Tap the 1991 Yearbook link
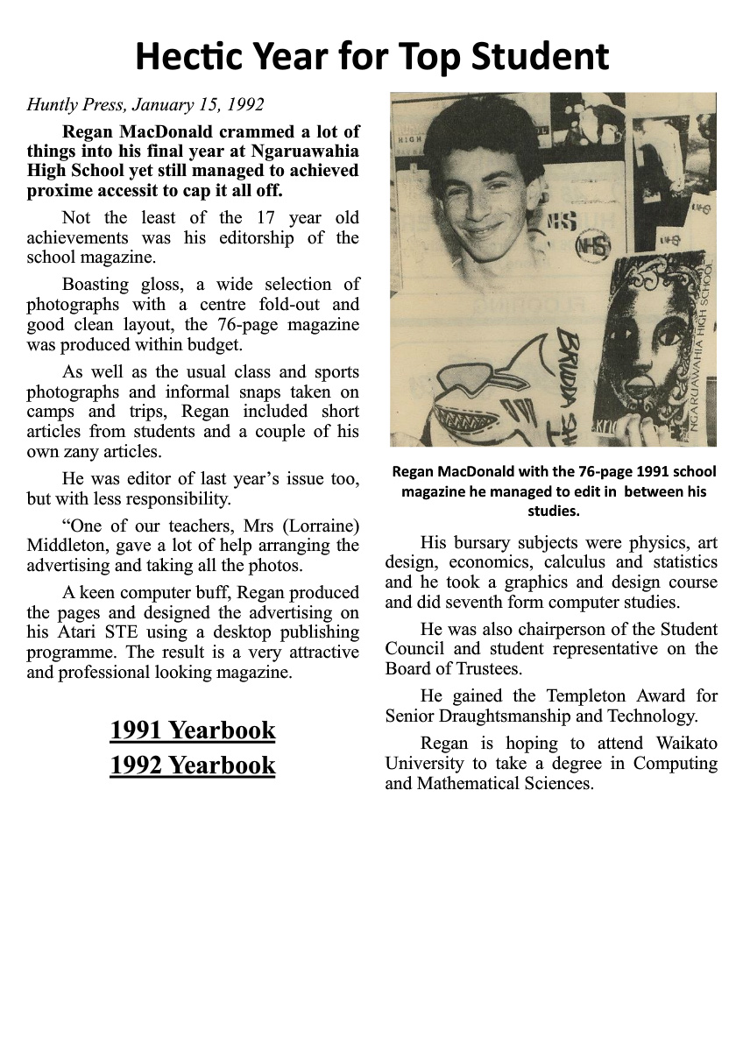(193, 730)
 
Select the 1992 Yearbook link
(193, 765)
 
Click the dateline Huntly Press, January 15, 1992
(145, 104)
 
